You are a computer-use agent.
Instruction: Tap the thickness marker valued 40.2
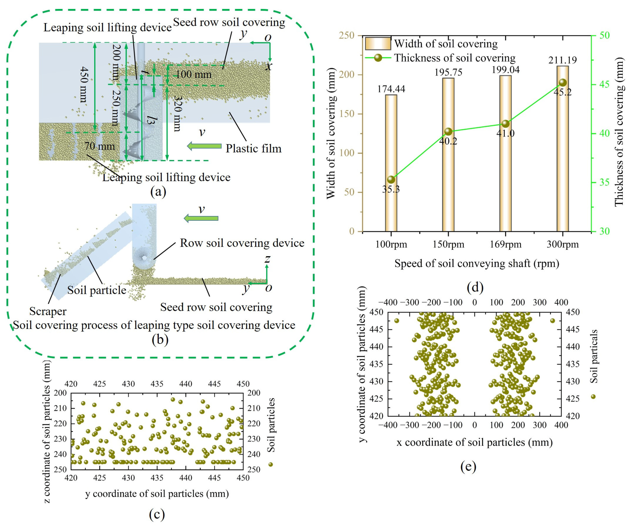[x=448, y=131]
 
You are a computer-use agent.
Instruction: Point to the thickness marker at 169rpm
[x=505, y=124]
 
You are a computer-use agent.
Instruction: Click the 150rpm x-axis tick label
[x=448, y=244]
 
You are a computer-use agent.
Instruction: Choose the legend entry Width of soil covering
[x=431, y=44]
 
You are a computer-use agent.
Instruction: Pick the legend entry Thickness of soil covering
[x=440, y=58]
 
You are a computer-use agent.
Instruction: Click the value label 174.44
[x=391, y=89]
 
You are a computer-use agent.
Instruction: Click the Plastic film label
[x=253, y=148]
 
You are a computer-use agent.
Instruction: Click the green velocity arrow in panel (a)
[x=204, y=146]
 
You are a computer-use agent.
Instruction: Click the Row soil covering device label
[x=242, y=243]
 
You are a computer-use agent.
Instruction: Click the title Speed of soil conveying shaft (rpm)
[x=477, y=263]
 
